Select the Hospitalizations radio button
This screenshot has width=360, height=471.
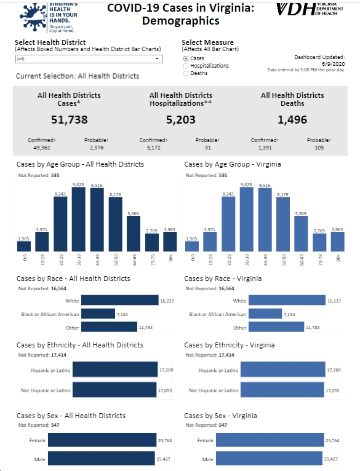coord(186,66)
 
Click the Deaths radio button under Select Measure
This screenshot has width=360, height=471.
coord(186,73)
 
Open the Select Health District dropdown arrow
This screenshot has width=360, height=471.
coord(157,58)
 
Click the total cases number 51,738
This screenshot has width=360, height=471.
coord(69,119)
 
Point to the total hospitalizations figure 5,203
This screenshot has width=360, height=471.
coord(181,119)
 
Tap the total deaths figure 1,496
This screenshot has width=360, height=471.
coord(292,119)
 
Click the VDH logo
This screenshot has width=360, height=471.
coord(310,9)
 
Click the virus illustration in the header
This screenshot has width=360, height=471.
coord(33,17)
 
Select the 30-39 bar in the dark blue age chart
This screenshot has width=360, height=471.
coord(79,220)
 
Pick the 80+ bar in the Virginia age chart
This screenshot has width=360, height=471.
coord(338,242)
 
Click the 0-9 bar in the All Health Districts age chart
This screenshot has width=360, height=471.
coord(24,247)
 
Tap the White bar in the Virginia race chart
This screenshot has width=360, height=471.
coord(287,300)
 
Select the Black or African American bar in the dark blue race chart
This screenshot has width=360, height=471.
coord(98,314)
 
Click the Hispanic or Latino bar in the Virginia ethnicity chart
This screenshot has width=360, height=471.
coord(282,369)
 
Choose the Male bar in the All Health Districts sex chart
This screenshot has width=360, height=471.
coord(102,459)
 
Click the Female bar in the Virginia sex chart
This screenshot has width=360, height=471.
coord(270,440)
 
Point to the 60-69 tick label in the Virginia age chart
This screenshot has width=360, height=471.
coord(302,260)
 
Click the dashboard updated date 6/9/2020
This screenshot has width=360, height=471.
coord(334,64)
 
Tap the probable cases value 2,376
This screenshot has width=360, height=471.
coord(97,148)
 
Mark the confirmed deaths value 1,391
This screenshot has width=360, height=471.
coord(265,148)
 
